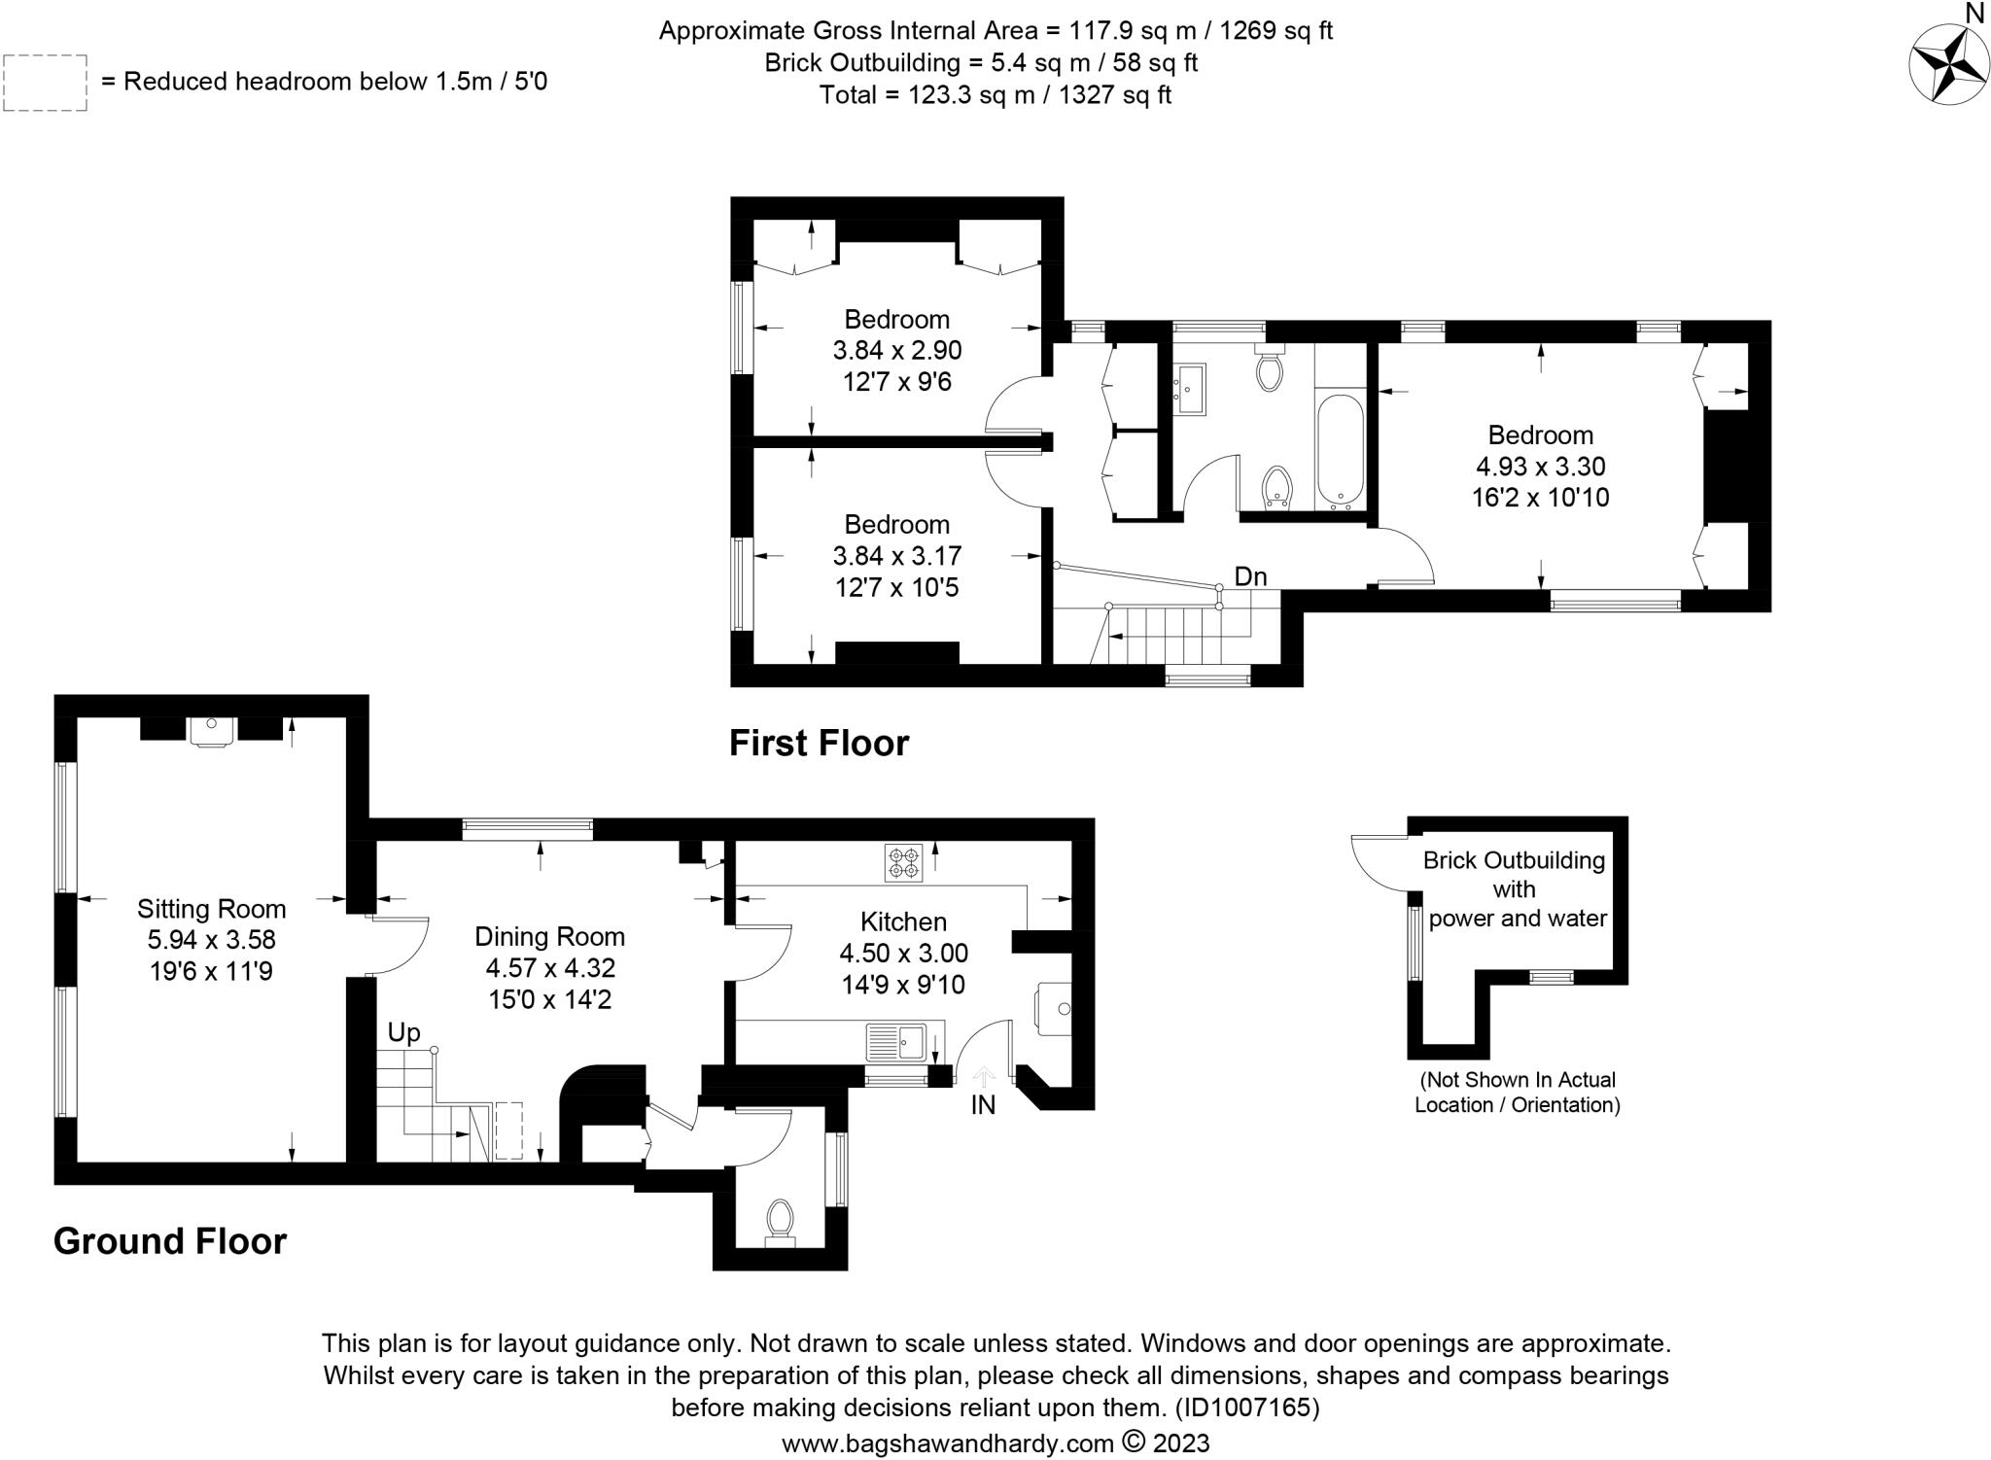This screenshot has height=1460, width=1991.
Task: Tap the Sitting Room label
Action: point(212,909)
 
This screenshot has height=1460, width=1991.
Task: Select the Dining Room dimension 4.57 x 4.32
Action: point(551,968)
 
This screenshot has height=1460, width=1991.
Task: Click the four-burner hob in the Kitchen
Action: point(903,863)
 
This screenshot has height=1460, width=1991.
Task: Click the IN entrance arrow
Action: point(984,1077)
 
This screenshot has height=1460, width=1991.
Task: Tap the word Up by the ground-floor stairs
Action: point(404,1032)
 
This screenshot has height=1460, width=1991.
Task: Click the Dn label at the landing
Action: point(1251,576)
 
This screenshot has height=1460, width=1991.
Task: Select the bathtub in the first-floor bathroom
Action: point(1341,451)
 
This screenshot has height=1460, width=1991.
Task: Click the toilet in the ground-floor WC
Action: point(780,1221)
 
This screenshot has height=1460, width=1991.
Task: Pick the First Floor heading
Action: point(820,743)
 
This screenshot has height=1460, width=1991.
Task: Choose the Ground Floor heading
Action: point(170,1241)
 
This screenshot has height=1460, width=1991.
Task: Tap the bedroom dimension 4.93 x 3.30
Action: point(1541,466)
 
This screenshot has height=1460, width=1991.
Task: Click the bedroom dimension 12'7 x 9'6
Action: point(897,381)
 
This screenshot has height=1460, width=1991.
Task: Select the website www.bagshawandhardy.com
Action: point(948,1443)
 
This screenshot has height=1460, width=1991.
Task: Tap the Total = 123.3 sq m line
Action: point(995,95)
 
